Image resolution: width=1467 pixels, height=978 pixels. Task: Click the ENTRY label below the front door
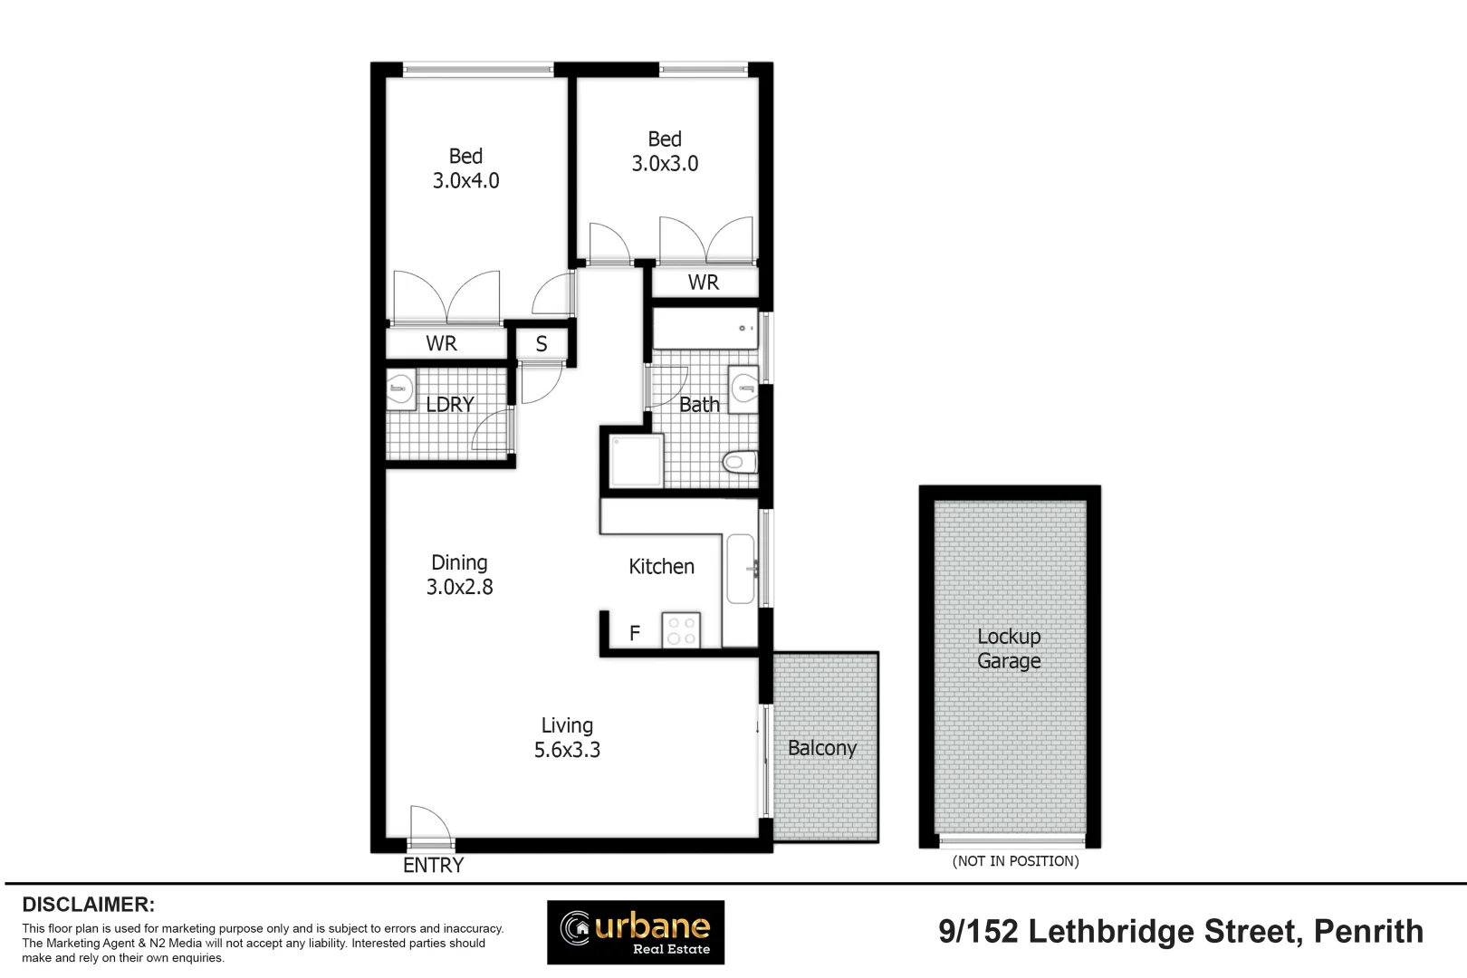pyautogui.click(x=433, y=866)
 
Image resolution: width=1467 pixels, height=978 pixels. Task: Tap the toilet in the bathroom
pyautogui.click(x=740, y=462)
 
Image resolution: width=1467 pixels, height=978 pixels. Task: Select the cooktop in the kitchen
pyautogui.click(x=681, y=630)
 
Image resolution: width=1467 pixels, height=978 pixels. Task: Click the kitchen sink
pyautogui.click(x=741, y=569)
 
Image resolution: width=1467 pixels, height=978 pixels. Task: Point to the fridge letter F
pyautogui.click(x=635, y=633)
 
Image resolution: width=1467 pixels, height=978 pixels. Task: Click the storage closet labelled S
pyautogui.click(x=542, y=344)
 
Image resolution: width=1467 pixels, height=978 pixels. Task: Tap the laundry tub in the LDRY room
pyautogui.click(x=400, y=390)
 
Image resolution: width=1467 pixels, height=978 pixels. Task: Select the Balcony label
pyautogui.click(x=821, y=748)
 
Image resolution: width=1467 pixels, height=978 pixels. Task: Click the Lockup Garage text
pyautogui.click(x=1009, y=648)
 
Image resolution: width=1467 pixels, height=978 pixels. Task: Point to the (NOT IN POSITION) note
pyautogui.click(x=1015, y=861)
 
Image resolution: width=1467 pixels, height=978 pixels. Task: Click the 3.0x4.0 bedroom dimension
pyautogui.click(x=465, y=181)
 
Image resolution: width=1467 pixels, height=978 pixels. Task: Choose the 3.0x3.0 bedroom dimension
pyautogui.click(x=665, y=164)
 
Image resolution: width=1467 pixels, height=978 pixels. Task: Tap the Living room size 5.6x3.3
pyautogui.click(x=567, y=750)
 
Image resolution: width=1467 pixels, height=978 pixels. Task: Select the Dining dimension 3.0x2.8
pyautogui.click(x=459, y=587)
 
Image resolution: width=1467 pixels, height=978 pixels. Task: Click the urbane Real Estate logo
pyautogui.click(x=635, y=932)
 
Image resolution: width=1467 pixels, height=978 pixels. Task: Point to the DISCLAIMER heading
pyautogui.click(x=88, y=905)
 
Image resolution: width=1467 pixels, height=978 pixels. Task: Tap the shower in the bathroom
pyautogui.click(x=637, y=460)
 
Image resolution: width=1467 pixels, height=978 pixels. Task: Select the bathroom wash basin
pyautogui.click(x=744, y=389)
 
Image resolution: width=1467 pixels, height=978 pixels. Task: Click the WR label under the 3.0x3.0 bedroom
pyautogui.click(x=704, y=283)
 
